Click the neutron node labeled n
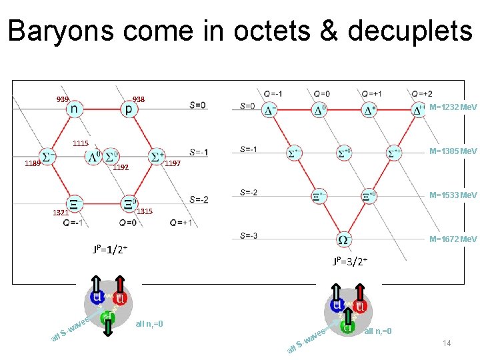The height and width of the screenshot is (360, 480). point(74,108)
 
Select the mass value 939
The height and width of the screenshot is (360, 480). point(63,99)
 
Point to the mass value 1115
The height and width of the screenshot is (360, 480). point(81,143)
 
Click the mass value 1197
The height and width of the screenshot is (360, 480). point(172,163)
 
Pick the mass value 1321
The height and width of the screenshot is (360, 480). point(61,213)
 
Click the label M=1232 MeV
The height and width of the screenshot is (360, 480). point(453,107)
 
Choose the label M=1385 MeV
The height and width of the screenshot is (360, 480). point(453,151)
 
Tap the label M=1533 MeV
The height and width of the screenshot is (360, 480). point(453,195)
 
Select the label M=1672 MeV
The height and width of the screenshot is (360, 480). point(453,239)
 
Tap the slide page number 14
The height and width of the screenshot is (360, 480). point(447,343)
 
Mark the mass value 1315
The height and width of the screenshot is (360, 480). point(145,211)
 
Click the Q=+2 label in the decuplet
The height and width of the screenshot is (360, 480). point(421,93)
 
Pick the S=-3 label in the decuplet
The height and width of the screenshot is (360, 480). point(248,235)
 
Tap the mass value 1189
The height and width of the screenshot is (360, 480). point(33,163)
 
